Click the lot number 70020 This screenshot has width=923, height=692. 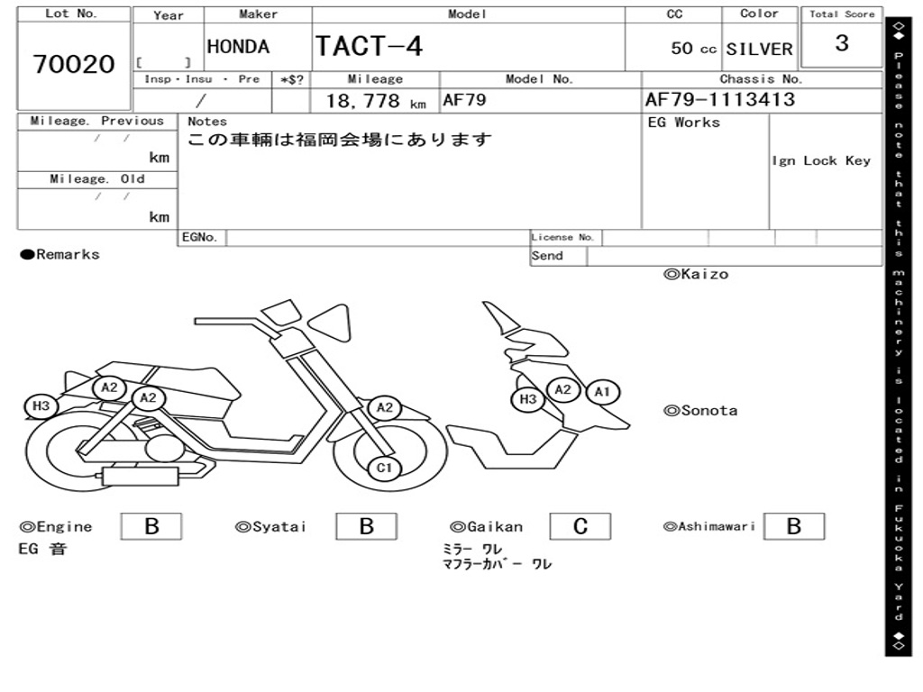74,64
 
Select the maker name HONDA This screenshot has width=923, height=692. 238,47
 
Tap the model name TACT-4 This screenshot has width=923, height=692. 369,46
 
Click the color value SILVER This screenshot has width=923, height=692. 759,49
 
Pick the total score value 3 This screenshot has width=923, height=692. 841,43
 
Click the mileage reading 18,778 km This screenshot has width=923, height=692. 375,101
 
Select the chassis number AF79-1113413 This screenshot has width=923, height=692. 720,99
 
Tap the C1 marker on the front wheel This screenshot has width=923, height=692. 385,468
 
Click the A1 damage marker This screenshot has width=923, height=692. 602,392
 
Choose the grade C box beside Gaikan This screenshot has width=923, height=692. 580,527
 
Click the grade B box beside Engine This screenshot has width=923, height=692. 151,527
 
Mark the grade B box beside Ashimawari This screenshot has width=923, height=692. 793,527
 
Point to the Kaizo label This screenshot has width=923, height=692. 696,274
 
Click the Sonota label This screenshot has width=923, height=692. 700,411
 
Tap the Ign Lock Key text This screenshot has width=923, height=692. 820,160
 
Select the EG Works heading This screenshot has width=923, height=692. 683,123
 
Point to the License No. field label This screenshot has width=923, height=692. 563,238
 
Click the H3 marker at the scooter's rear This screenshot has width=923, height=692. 41,406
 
